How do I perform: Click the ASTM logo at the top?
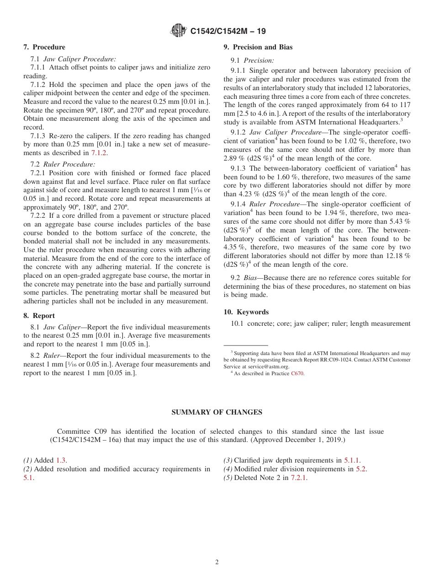tap(178, 31)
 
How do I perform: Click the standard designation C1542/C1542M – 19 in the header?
tap(228, 31)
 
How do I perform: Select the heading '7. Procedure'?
tap(44, 47)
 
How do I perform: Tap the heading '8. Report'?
tap(39, 316)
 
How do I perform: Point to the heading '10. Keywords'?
tap(246, 312)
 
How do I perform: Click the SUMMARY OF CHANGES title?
tap(217, 412)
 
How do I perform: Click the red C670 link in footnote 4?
tap(297, 373)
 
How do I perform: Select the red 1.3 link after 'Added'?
tap(61, 460)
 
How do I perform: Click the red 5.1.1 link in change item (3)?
tap(352, 460)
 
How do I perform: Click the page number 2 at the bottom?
tap(217, 562)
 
